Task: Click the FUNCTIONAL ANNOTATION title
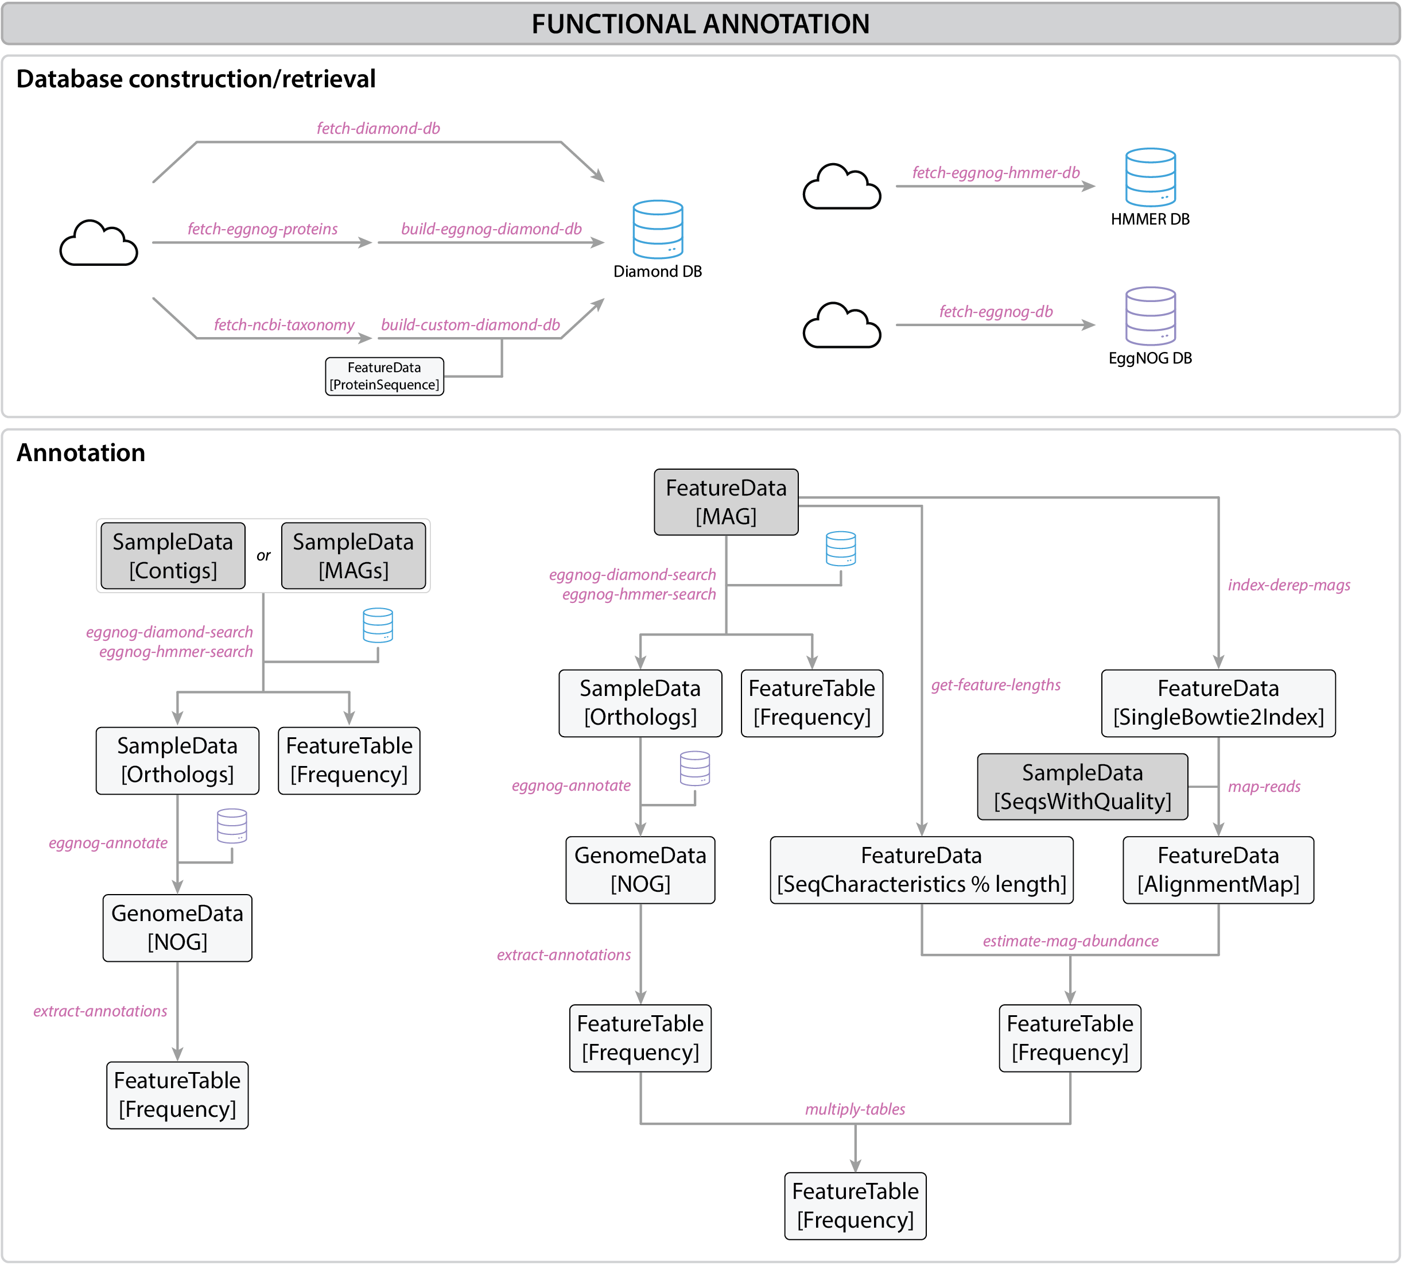point(700,24)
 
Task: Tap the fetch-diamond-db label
point(378,129)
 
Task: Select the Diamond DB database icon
point(657,229)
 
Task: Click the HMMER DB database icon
point(1151,177)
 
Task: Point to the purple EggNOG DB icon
point(1151,316)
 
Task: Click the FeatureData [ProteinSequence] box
point(384,376)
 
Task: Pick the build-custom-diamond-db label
point(471,324)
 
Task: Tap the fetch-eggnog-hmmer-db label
point(996,172)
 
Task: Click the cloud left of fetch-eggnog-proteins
point(99,243)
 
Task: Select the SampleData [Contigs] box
point(173,556)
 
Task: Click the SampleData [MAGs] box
point(353,556)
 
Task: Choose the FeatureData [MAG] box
point(726,502)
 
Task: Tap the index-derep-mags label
point(1289,585)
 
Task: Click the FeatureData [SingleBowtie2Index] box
point(1218,703)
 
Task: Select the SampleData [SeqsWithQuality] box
point(1082,787)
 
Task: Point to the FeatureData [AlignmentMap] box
point(1218,869)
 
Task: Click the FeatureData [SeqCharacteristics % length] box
point(921,869)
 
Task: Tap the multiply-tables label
point(855,1109)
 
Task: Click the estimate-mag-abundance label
point(1070,941)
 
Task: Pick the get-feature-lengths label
point(996,685)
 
